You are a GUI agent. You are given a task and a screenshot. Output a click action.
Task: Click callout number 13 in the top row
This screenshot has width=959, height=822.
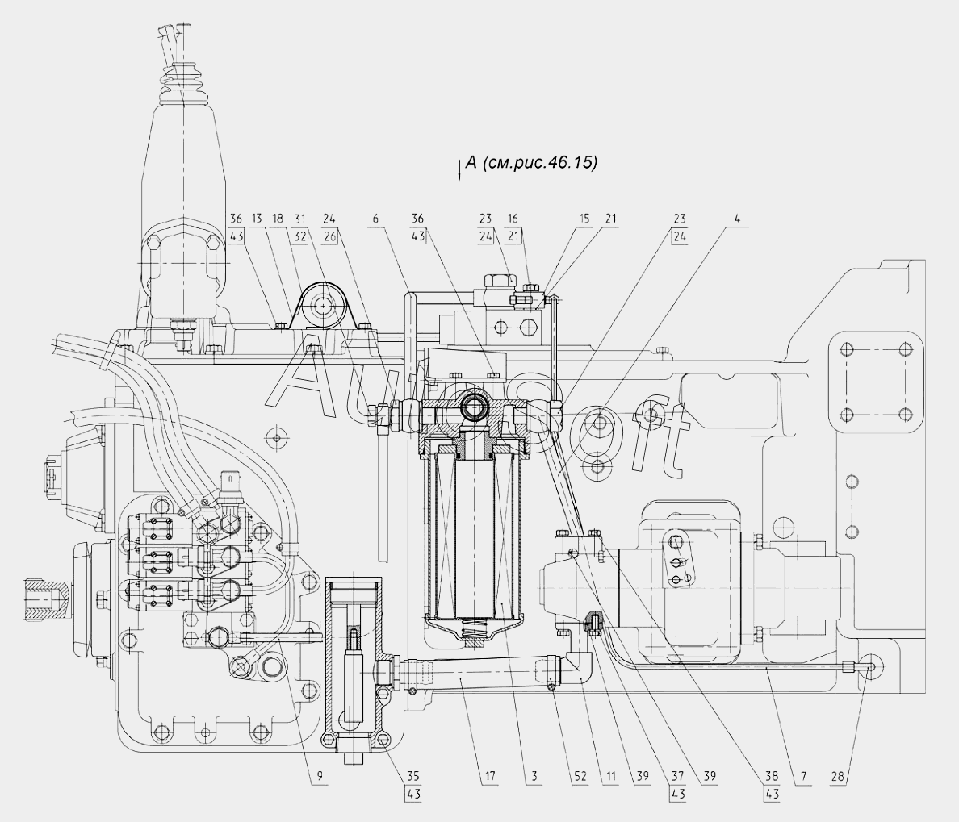(256, 219)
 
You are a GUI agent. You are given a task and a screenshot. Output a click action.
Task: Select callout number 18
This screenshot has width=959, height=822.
(278, 219)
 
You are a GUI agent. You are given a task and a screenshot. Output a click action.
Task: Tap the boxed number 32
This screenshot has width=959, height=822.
(299, 236)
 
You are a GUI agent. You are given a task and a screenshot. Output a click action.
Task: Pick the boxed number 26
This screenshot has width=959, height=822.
(330, 236)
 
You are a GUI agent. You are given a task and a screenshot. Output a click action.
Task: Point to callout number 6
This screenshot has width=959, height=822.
(375, 219)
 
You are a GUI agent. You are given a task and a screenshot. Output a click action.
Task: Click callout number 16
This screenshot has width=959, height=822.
(513, 219)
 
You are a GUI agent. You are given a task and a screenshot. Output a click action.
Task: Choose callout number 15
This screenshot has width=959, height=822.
(585, 219)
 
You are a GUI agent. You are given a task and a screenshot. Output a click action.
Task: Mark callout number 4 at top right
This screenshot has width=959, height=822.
(738, 219)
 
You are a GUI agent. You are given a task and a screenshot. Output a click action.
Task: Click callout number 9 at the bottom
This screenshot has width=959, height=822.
(319, 777)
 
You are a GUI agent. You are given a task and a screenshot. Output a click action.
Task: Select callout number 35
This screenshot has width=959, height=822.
(413, 777)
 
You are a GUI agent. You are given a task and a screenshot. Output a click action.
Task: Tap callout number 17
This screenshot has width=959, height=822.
(490, 777)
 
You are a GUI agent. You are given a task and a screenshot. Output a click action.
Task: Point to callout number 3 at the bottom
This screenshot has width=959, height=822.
(534, 777)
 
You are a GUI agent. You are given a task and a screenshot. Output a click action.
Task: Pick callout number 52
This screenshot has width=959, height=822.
(580, 777)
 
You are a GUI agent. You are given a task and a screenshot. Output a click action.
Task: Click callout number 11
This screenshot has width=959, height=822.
(611, 777)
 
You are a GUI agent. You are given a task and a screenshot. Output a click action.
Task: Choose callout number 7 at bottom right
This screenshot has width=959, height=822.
(803, 777)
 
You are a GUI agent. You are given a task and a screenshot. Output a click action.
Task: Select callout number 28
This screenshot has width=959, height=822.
(837, 777)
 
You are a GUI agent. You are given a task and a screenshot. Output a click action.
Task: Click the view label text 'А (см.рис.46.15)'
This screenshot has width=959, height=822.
(531, 163)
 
